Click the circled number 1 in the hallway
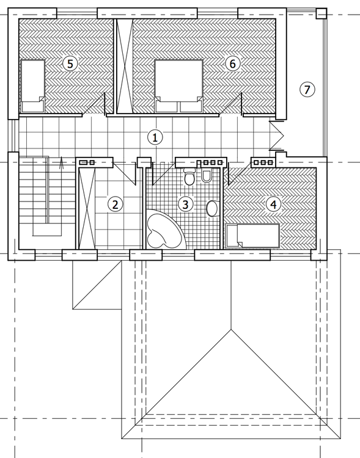click(x=156, y=137)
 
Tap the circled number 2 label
click(x=114, y=204)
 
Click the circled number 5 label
click(x=70, y=63)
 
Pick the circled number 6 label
click(x=230, y=63)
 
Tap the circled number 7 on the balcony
click(x=307, y=89)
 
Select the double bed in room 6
click(x=178, y=85)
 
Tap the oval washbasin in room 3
click(x=212, y=209)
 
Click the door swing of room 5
click(x=95, y=105)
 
